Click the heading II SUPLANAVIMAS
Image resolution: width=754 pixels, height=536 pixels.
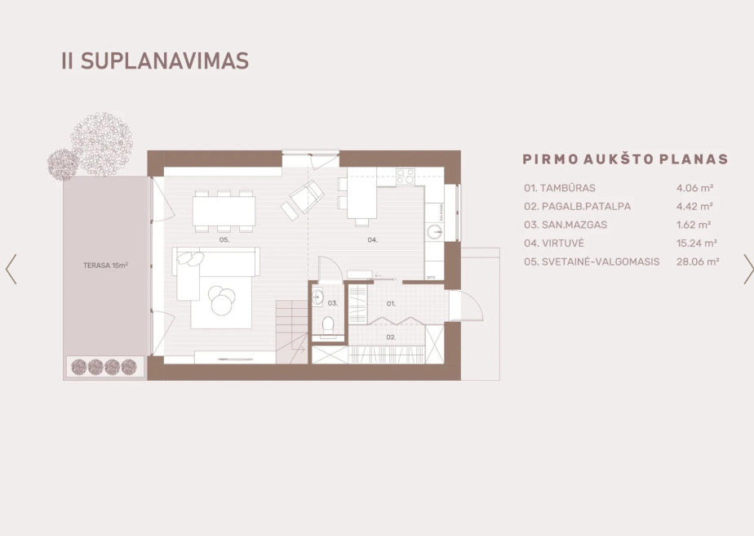point(155,61)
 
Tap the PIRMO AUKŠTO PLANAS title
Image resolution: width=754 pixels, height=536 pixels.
point(626,159)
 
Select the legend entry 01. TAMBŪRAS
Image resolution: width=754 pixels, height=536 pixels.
point(560,188)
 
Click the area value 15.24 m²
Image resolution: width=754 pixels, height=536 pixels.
point(697,243)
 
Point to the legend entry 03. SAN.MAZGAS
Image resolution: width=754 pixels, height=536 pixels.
point(565,225)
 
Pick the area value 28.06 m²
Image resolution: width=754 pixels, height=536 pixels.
point(698,261)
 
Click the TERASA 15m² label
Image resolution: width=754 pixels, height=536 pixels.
point(105,266)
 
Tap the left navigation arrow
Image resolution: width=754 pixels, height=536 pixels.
point(11,269)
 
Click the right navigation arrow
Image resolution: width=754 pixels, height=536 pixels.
point(748,269)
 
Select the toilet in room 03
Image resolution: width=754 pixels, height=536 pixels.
point(328,325)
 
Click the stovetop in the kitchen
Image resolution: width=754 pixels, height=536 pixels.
point(406,176)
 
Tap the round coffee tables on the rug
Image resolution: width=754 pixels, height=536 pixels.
point(222,301)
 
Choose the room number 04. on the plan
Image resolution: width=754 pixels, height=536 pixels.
point(373,240)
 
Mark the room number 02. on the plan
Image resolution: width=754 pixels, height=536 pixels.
point(391,337)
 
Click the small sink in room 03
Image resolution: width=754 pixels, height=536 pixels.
point(317,297)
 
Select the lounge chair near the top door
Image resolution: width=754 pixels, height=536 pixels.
point(303,200)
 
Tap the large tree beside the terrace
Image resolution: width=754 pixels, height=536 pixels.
point(101,144)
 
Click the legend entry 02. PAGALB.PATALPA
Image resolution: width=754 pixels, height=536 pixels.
point(578,207)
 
